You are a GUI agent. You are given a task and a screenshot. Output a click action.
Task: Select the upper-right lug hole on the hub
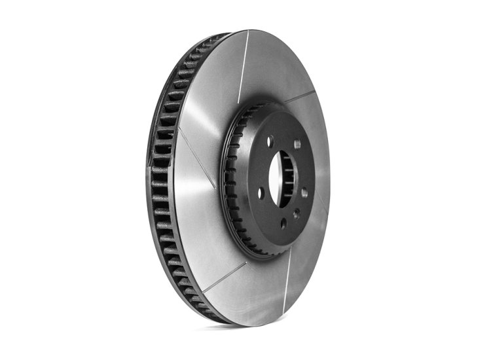[x=297, y=144]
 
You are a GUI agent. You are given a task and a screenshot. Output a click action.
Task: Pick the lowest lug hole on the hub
[x=283, y=223]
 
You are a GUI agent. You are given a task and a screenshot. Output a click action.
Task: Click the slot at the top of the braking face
[x=242, y=65]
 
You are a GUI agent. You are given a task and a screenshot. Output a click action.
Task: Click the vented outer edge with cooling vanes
[x=160, y=183]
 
